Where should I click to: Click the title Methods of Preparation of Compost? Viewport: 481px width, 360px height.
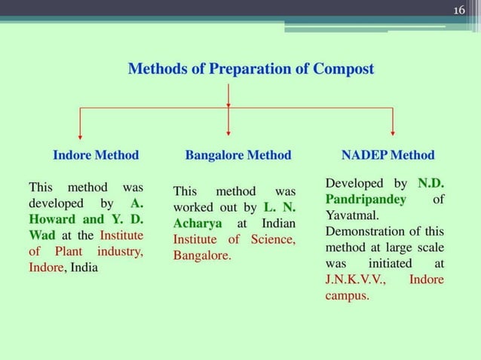(250, 69)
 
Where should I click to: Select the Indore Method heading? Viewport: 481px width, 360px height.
(96, 155)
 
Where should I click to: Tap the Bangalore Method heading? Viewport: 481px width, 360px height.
(237, 155)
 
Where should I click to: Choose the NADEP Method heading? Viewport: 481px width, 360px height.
(388, 155)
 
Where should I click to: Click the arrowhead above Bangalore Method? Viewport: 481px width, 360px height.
(228, 133)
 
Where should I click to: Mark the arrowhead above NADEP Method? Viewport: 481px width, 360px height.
(392, 133)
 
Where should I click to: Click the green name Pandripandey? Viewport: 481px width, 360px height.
(366, 200)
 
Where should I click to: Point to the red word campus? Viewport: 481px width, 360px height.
(347, 296)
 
